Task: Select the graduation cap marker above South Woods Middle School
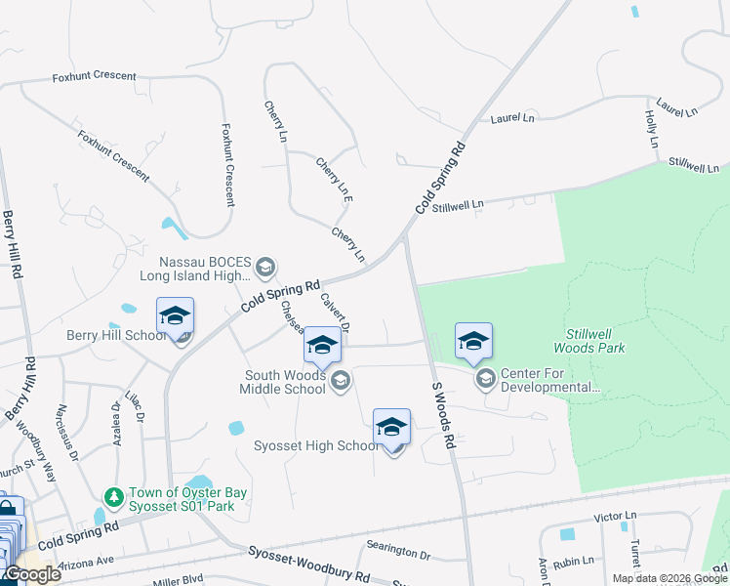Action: tap(322, 346)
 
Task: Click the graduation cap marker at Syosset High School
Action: tap(391, 428)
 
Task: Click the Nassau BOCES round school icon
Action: tap(264, 267)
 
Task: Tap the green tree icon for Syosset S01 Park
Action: tap(114, 497)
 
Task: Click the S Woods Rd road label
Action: tap(444, 414)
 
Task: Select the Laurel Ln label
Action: tap(514, 118)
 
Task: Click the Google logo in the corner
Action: tap(32, 574)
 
